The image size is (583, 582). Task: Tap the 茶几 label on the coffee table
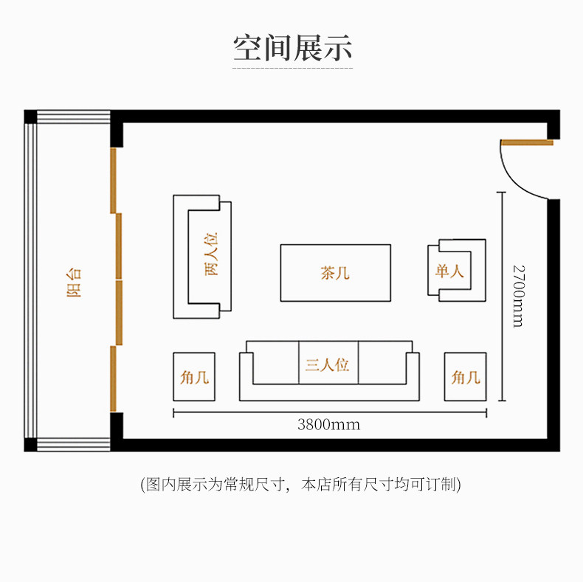click(334, 273)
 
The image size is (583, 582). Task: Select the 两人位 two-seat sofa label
click(212, 254)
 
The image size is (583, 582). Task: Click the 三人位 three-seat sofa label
click(327, 364)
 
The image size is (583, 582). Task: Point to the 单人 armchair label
click(449, 271)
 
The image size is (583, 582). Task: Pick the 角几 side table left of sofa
click(194, 377)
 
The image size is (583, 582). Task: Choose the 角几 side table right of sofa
click(466, 377)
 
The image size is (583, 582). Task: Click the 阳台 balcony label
click(74, 281)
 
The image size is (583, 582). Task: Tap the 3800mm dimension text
click(328, 426)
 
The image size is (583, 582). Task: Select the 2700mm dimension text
click(518, 296)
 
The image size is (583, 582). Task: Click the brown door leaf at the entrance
click(527, 142)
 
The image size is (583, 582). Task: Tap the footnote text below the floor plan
click(300, 485)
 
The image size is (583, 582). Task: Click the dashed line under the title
click(292, 69)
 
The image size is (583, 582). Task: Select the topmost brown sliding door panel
click(114, 179)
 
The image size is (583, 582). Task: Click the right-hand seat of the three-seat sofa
click(384, 363)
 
